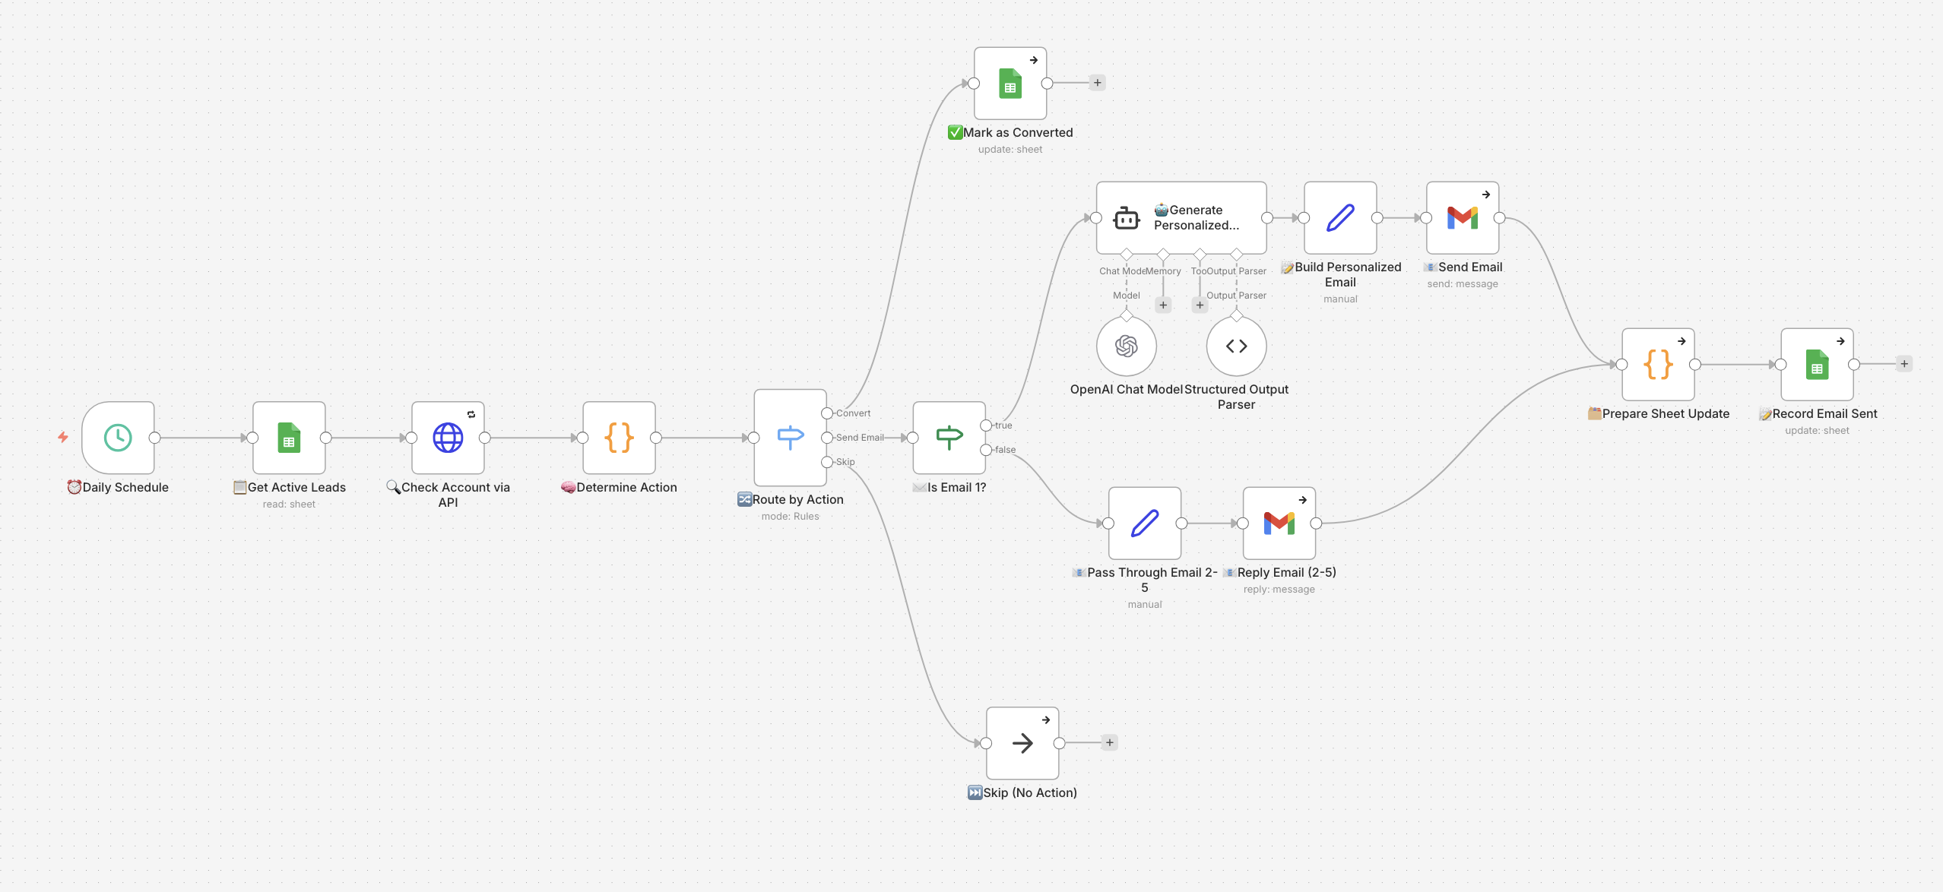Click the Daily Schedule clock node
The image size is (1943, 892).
(118, 438)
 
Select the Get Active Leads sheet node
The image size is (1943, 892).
(289, 438)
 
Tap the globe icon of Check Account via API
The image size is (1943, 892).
(448, 438)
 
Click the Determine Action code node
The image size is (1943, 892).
(619, 438)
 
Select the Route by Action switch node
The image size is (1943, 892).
(790, 438)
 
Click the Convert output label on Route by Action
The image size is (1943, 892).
(853, 413)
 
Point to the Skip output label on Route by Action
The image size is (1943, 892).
(845, 462)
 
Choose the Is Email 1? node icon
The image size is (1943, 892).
(949, 438)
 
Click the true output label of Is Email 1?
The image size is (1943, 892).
(1003, 425)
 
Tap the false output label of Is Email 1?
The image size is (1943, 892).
(1005, 450)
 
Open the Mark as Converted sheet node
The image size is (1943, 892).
(1010, 84)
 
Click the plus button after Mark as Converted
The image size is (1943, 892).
(1097, 83)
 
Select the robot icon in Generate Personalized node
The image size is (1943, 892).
(1126, 219)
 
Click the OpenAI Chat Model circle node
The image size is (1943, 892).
(1126, 346)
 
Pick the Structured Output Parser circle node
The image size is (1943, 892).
(1236, 346)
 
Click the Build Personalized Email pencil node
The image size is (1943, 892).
(1340, 218)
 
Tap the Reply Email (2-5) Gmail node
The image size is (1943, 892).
(1279, 523)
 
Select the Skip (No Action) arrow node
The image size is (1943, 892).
(1022, 743)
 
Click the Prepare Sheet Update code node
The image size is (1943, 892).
(1658, 365)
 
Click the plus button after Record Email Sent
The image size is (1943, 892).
(1904, 364)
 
